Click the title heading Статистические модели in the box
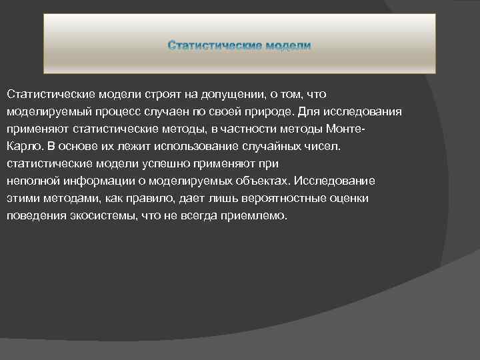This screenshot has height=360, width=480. point(239,45)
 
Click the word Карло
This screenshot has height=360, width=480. point(22,147)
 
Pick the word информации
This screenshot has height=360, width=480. point(93,181)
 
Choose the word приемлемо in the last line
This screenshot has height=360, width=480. point(258,216)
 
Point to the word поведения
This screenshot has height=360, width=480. point(32,216)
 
